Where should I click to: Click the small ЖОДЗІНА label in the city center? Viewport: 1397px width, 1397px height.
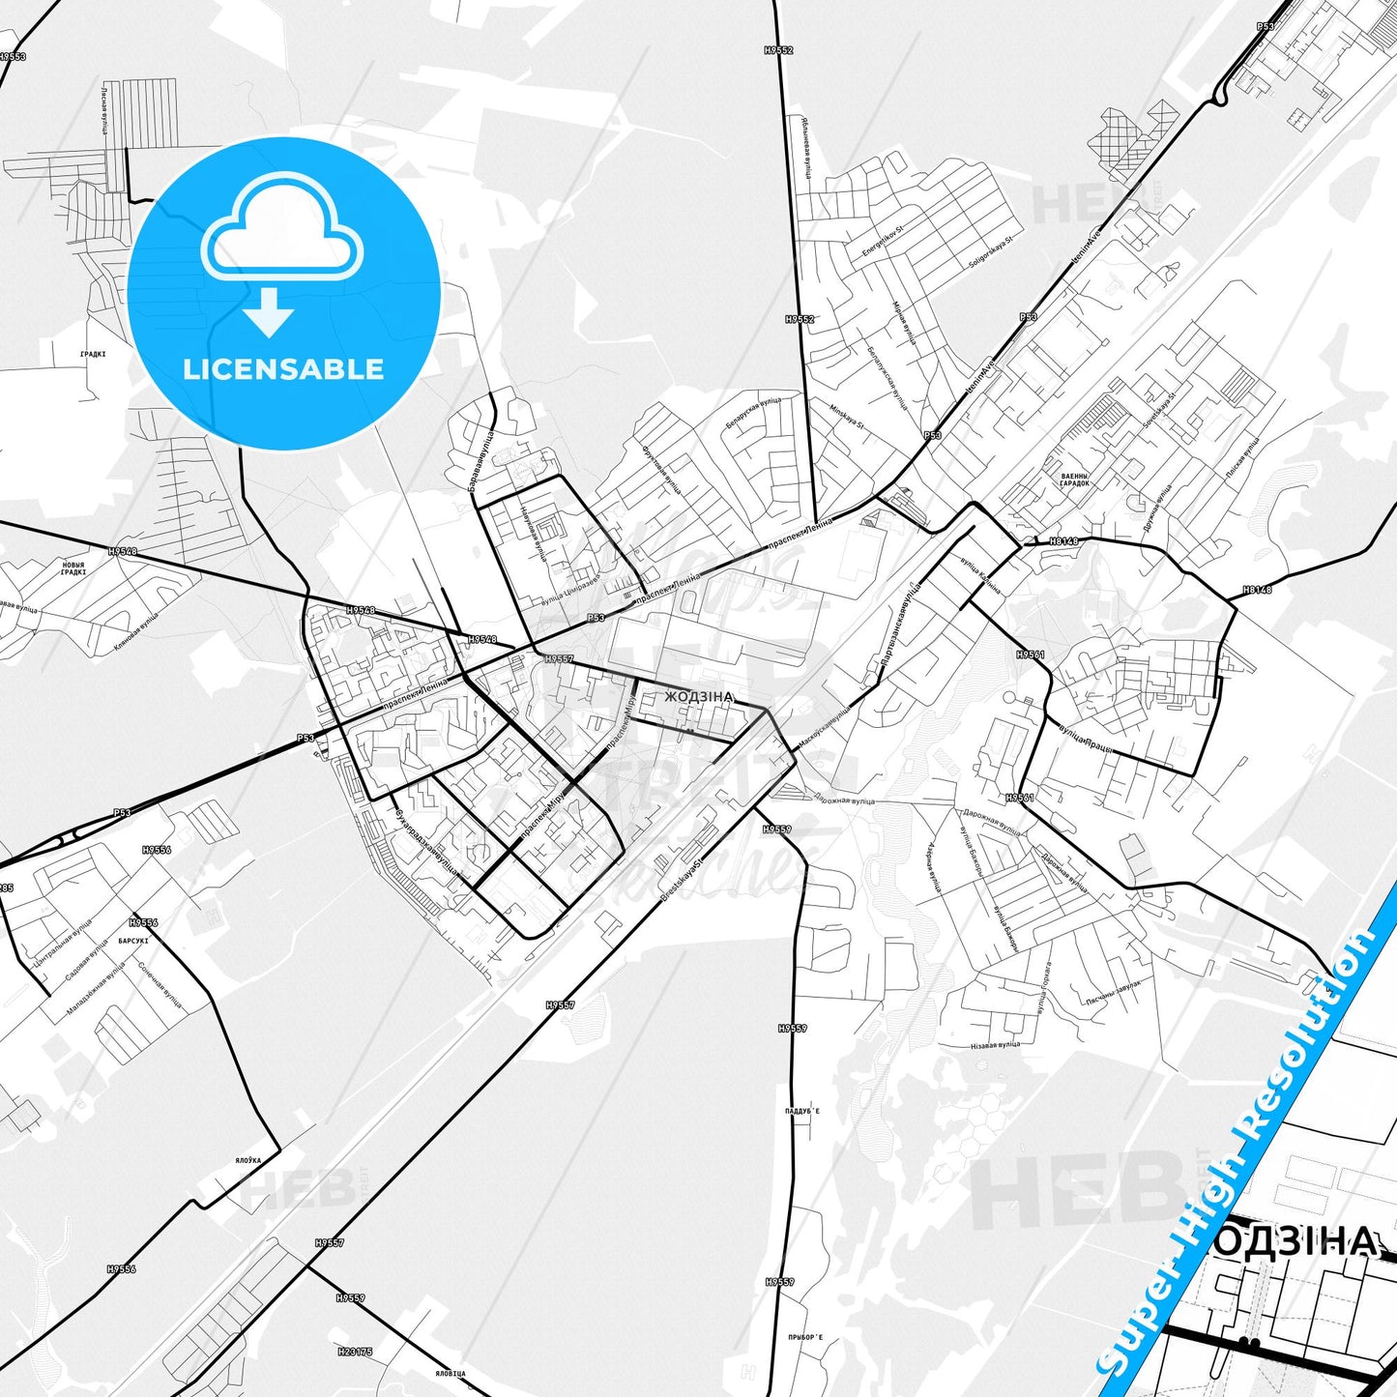coord(699,696)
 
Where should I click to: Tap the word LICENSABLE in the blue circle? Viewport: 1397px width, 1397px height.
coord(283,369)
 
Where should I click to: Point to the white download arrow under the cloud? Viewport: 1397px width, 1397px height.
coord(269,311)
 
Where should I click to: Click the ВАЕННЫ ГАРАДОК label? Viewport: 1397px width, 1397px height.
coord(1074,480)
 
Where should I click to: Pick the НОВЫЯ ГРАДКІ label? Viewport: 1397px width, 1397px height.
coord(73,568)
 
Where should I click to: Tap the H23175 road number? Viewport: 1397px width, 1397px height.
coord(355,1352)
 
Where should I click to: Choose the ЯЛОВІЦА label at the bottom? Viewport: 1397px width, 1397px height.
coord(451,1373)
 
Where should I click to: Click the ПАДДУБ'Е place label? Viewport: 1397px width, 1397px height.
coord(801,1112)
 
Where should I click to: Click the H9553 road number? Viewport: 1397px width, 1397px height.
coord(13,57)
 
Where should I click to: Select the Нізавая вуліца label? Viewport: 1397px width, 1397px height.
coord(995,1045)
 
